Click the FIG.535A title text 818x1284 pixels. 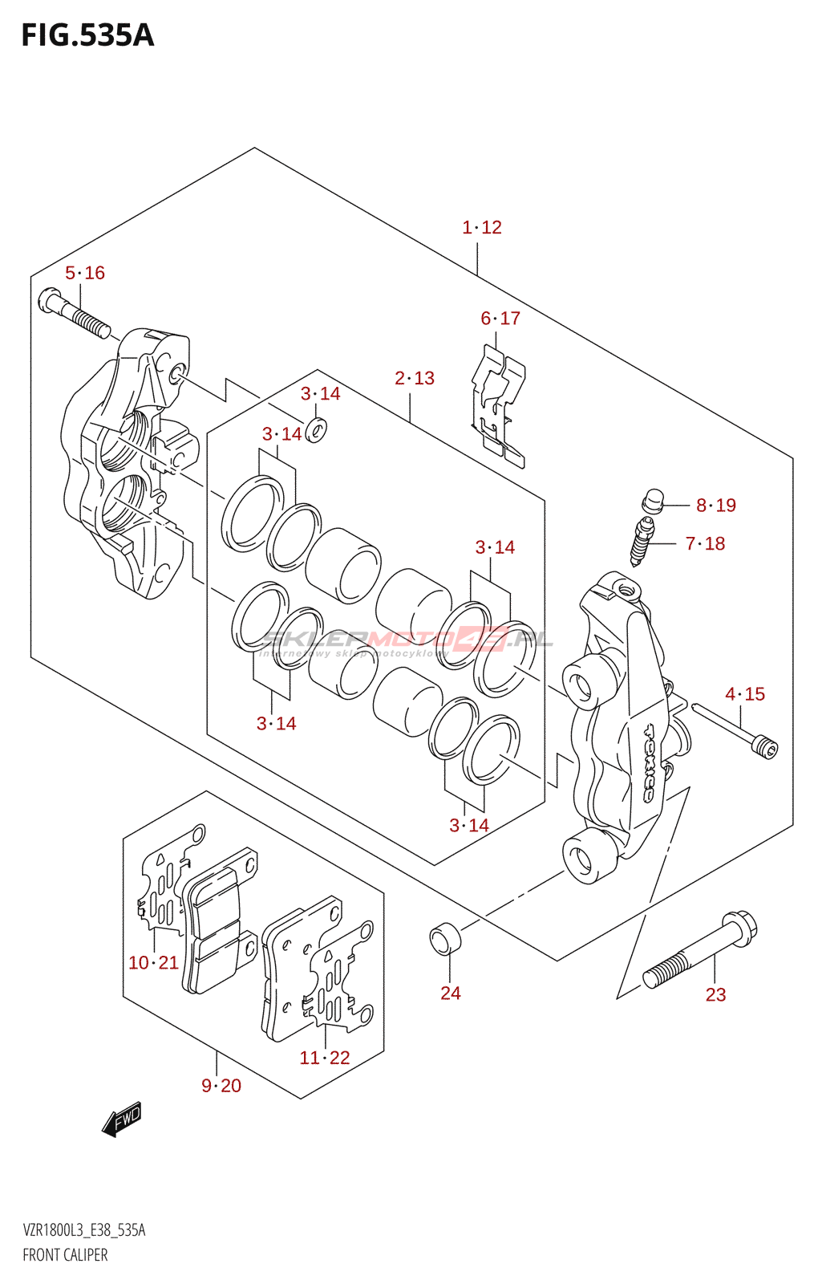click(87, 36)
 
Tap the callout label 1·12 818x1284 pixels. click(482, 228)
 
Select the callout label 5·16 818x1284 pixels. click(85, 274)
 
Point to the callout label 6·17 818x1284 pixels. click(500, 319)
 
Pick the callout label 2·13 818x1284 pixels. click(415, 378)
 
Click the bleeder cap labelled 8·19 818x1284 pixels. click(652, 501)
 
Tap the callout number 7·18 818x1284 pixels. click(706, 544)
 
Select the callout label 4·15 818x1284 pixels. click(745, 694)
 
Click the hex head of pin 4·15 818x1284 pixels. click(766, 748)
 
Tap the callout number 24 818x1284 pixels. click(451, 993)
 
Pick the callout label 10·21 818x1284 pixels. click(153, 963)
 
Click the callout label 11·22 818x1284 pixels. click(325, 1058)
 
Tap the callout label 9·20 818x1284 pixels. click(221, 1086)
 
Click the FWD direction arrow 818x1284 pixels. click(122, 1119)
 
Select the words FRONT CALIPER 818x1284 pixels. click(65, 1255)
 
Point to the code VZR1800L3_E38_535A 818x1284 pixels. click(84, 1230)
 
